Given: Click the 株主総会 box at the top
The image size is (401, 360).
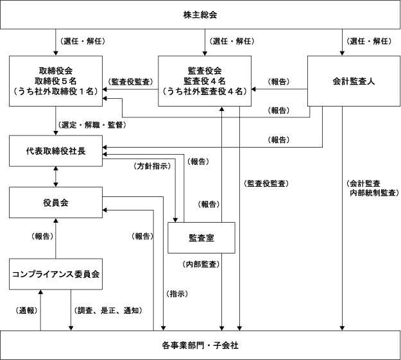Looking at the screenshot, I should [201, 13].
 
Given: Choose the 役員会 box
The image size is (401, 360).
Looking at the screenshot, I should [56, 202].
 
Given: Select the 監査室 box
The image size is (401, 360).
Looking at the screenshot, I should [201, 237].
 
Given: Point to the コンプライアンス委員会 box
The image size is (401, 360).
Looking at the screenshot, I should [56, 273].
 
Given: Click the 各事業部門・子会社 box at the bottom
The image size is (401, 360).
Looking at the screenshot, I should [201, 345].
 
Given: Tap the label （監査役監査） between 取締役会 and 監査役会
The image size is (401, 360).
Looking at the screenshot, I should [131, 81].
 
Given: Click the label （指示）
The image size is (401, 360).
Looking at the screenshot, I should [178, 293].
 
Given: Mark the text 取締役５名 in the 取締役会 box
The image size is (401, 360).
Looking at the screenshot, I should [56, 80].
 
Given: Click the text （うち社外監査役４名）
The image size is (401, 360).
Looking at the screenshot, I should [211, 91].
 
